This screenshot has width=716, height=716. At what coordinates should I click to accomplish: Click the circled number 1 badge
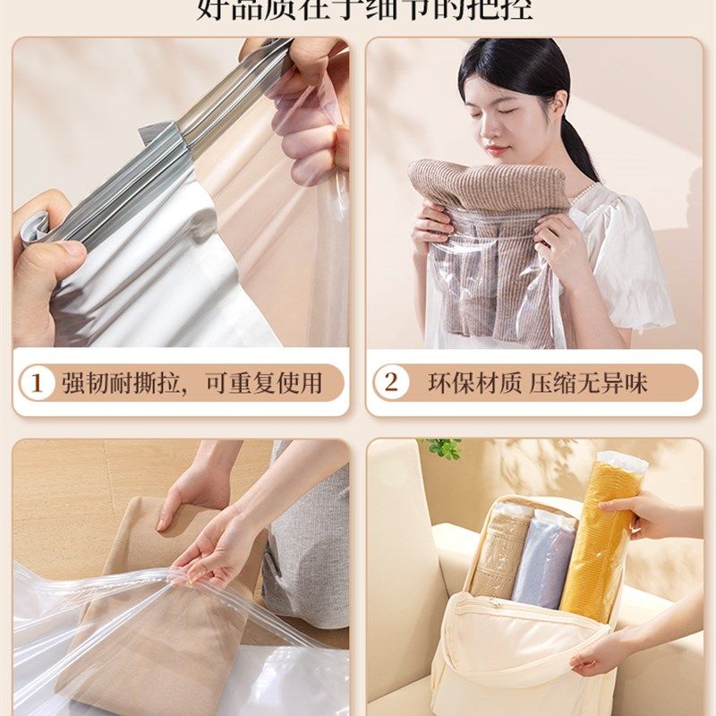pyautogui.click(x=37, y=383)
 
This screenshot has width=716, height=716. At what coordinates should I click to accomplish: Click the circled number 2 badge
pyautogui.click(x=390, y=383)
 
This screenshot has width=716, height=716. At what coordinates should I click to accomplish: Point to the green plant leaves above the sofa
pyautogui.click(x=444, y=447)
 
